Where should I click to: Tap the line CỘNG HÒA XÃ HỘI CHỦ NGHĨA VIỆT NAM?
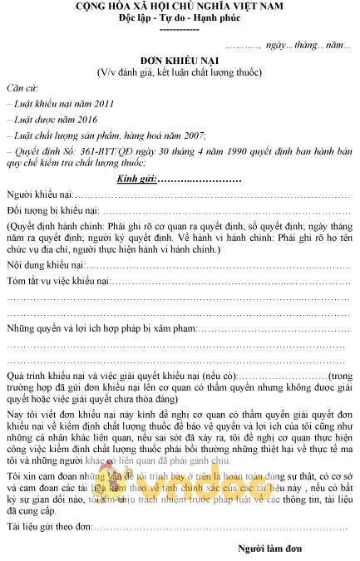click(179, 7)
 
